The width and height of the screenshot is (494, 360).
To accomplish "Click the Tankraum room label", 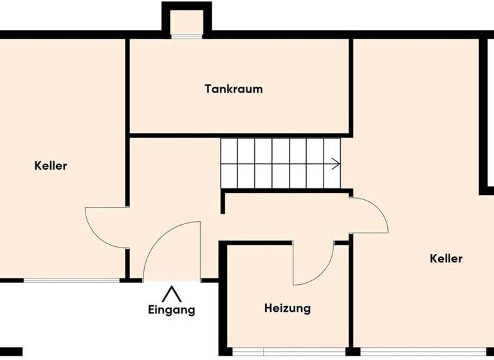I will [x=233, y=89].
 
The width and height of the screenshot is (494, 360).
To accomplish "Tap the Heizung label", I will [x=287, y=309].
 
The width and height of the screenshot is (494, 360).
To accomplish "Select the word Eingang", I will [x=171, y=310].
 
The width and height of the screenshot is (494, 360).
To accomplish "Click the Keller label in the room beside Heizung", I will [x=446, y=259].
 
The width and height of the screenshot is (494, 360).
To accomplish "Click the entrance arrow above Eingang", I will [x=171, y=294].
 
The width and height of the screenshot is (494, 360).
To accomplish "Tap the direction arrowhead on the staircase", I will [x=336, y=164].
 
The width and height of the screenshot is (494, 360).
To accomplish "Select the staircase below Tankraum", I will [x=280, y=164].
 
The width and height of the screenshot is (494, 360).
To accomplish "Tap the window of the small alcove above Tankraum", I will [x=187, y=36].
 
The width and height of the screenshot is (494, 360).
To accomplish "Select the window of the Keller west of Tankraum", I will [x=71, y=280].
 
